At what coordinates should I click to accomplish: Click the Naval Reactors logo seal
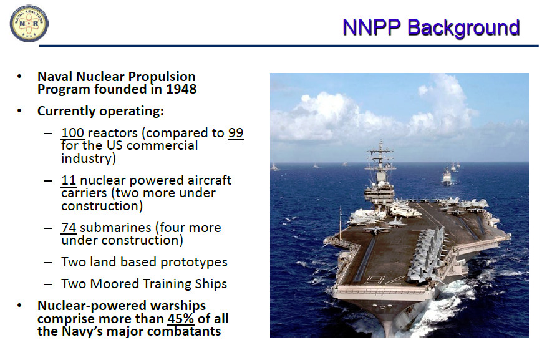[x=29, y=23]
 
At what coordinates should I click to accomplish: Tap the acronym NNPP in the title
[x=372, y=27]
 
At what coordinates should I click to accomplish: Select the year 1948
[x=181, y=89]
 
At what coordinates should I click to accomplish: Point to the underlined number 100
[x=72, y=133]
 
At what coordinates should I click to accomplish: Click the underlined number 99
[x=236, y=133]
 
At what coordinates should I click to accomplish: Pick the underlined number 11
[x=69, y=180]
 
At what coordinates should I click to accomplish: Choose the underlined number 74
[x=69, y=228]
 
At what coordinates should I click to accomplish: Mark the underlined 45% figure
[x=181, y=318]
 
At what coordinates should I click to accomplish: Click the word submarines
[x=115, y=228]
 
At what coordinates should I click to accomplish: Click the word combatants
[x=184, y=331]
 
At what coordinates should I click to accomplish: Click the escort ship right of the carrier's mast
[x=447, y=177]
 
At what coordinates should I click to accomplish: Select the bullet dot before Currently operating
[x=19, y=111]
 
